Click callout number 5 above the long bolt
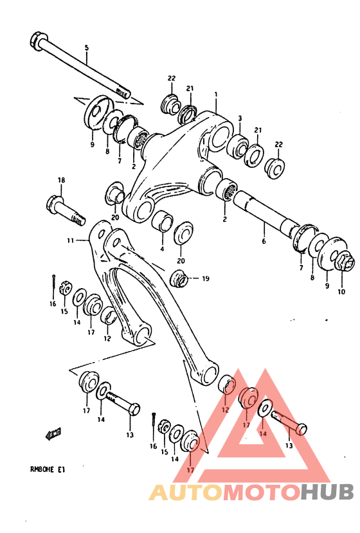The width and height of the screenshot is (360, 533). click(87, 48)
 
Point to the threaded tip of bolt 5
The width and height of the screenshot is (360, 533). click(123, 92)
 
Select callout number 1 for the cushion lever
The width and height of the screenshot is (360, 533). click(216, 94)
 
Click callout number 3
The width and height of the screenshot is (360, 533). click(240, 118)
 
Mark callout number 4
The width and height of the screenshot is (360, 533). click(161, 249)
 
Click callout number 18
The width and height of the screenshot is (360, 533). click(62, 181)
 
